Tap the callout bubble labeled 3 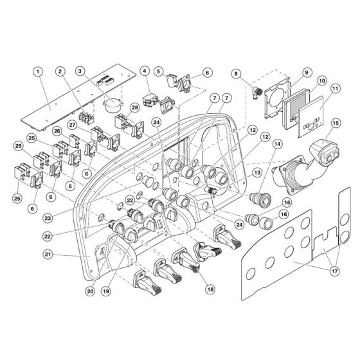pyautogui.click(x=80, y=73)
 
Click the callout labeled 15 pyautogui.click(x=336, y=122)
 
